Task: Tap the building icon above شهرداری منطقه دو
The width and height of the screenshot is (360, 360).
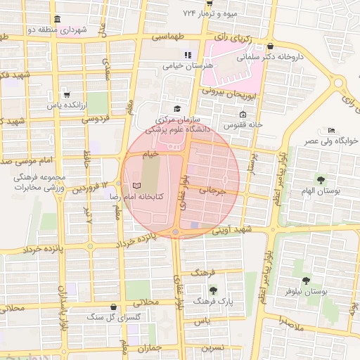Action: (x=56, y=19)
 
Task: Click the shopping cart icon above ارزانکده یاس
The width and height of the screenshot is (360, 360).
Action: (x=66, y=94)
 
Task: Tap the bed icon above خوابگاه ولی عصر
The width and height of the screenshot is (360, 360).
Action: (x=331, y=130)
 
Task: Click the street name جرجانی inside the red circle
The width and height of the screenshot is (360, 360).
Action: (x=214, y=189)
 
